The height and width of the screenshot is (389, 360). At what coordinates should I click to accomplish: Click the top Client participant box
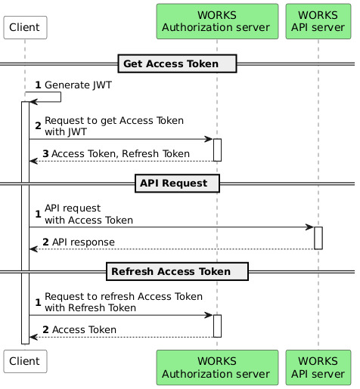coord(25,27)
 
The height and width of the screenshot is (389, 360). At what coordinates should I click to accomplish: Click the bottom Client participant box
coord(25,361)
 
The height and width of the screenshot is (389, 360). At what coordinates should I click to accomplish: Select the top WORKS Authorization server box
coord(217,21)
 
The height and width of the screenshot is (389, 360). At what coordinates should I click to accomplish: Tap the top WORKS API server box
coord(318,21)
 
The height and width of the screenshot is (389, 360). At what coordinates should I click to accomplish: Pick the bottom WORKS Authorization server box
coord(217,367)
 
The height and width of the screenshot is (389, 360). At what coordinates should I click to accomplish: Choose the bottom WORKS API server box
coord(318,367)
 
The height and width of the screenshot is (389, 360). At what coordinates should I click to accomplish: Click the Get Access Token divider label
coord(177,63)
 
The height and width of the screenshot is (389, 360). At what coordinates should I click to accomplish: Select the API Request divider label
coord(177,184)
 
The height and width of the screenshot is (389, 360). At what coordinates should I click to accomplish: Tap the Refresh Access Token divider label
coord(177,271)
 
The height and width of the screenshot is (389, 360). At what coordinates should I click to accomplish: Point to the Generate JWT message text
coord(78,85)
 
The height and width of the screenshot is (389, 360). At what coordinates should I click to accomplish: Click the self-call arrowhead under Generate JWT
coord(33,102)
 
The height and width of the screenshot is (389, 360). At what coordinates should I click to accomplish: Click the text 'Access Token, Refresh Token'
coord(121,154)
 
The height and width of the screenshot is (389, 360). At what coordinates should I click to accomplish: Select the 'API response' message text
coord(83,242)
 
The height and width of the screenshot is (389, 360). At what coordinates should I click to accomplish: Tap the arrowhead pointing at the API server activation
coord(309,227)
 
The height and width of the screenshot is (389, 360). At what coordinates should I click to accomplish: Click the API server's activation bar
coord(318,238)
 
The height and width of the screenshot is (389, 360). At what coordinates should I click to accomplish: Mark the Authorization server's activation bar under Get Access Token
coord(217,150)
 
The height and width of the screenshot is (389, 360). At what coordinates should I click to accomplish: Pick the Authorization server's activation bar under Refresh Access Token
coord(217,326)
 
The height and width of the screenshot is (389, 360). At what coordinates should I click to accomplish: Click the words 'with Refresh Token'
coord(91,308)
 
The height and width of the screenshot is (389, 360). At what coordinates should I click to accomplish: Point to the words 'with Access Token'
coord(89,221)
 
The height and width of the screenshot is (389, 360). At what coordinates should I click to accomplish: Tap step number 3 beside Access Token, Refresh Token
coord(45,154)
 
